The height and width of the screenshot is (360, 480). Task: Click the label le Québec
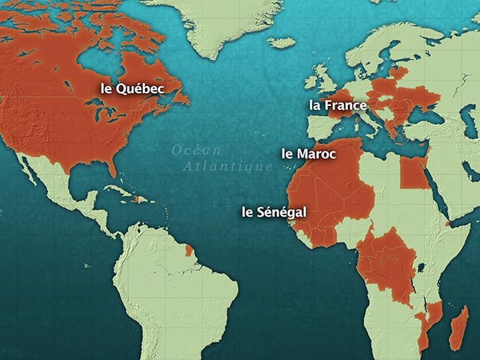[x=132, y=88]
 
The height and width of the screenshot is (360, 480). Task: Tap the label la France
[x=337, y=105]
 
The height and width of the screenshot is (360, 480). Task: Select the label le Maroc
[x=309, y=153]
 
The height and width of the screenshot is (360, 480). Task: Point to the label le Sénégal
[x=274, y=212]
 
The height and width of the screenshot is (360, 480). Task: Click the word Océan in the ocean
[x=196, y=150]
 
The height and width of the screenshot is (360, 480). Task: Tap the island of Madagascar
[x=457, y=327]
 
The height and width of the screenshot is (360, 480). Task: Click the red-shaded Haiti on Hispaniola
[x=138, y=200]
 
